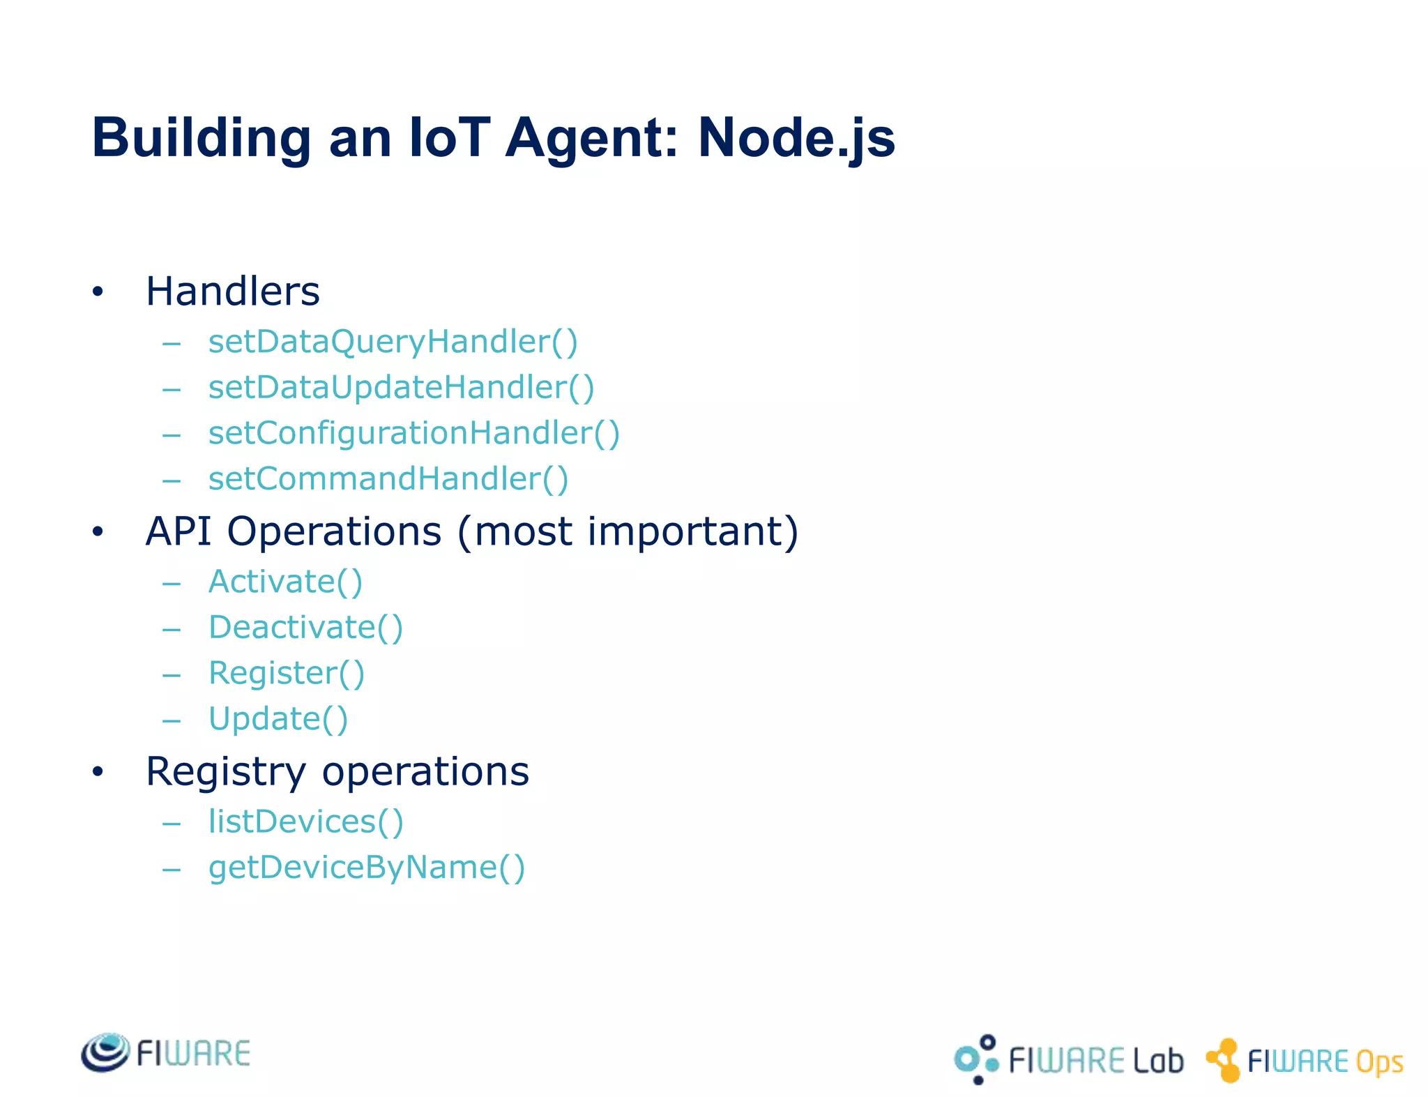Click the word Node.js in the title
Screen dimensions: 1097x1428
click(x=796, y=138)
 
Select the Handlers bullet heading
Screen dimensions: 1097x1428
click(x=232, y=291)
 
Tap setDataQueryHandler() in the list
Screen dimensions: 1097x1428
click(x=393, y=342)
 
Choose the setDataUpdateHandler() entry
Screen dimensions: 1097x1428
click(x=401, y=388)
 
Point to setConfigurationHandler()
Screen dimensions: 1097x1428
click(x=413, y=433)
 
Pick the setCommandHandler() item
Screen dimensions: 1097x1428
click(x=388, y=479)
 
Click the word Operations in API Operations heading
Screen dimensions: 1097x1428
click(x=334, y=531)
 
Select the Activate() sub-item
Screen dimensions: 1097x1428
click(x=285, y=582)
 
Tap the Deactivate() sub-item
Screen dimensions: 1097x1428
click(x=305, y=627)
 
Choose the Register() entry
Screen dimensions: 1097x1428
click(x=286, y=674)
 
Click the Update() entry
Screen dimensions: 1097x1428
click(x=278, y=719)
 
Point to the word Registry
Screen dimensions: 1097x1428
click(x=225, y=773)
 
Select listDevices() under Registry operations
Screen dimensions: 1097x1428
click(x=305, y=822)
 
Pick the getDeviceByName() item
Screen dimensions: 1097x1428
click(x=366, y=868)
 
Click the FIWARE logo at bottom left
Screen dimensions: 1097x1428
click(x=166, y=1053)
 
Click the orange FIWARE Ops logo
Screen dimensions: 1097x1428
click(x=1305, y=1061)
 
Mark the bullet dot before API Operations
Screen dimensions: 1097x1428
click(x=98, y=533)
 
